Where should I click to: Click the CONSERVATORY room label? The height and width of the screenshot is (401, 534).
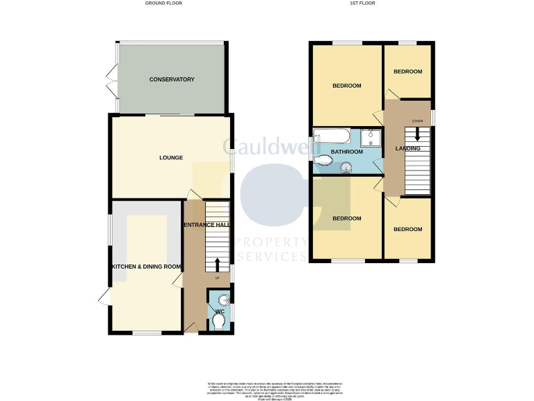pos(172,79)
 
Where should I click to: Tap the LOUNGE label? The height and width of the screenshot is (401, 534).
pos(171,157)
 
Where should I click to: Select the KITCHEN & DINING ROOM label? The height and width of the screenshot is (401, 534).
pos(147,267)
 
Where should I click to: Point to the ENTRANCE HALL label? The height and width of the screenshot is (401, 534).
pos(206,225)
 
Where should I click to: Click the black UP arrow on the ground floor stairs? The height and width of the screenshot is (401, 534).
pos(218,264)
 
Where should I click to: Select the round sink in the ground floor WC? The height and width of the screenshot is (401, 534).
pos(213,300)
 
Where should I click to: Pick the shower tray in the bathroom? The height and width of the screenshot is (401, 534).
pos(371,136)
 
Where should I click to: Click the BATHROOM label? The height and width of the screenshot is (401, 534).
pos(346,151)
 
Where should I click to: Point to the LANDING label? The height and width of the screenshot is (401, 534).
pos(407,148)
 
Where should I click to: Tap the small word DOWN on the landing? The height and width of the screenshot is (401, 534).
pos(417,122)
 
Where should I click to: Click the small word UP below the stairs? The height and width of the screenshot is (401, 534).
pos(218,278)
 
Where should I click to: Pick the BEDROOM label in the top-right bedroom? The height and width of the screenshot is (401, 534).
pos(407,72)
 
